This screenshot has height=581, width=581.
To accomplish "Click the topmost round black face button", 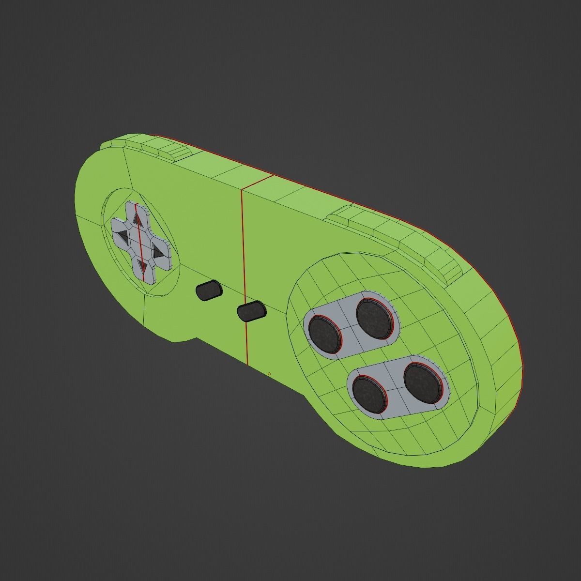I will coord(374,317).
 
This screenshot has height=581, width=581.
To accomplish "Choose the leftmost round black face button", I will coord(325,334).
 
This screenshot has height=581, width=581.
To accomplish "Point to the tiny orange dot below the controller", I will coord(269,373).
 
